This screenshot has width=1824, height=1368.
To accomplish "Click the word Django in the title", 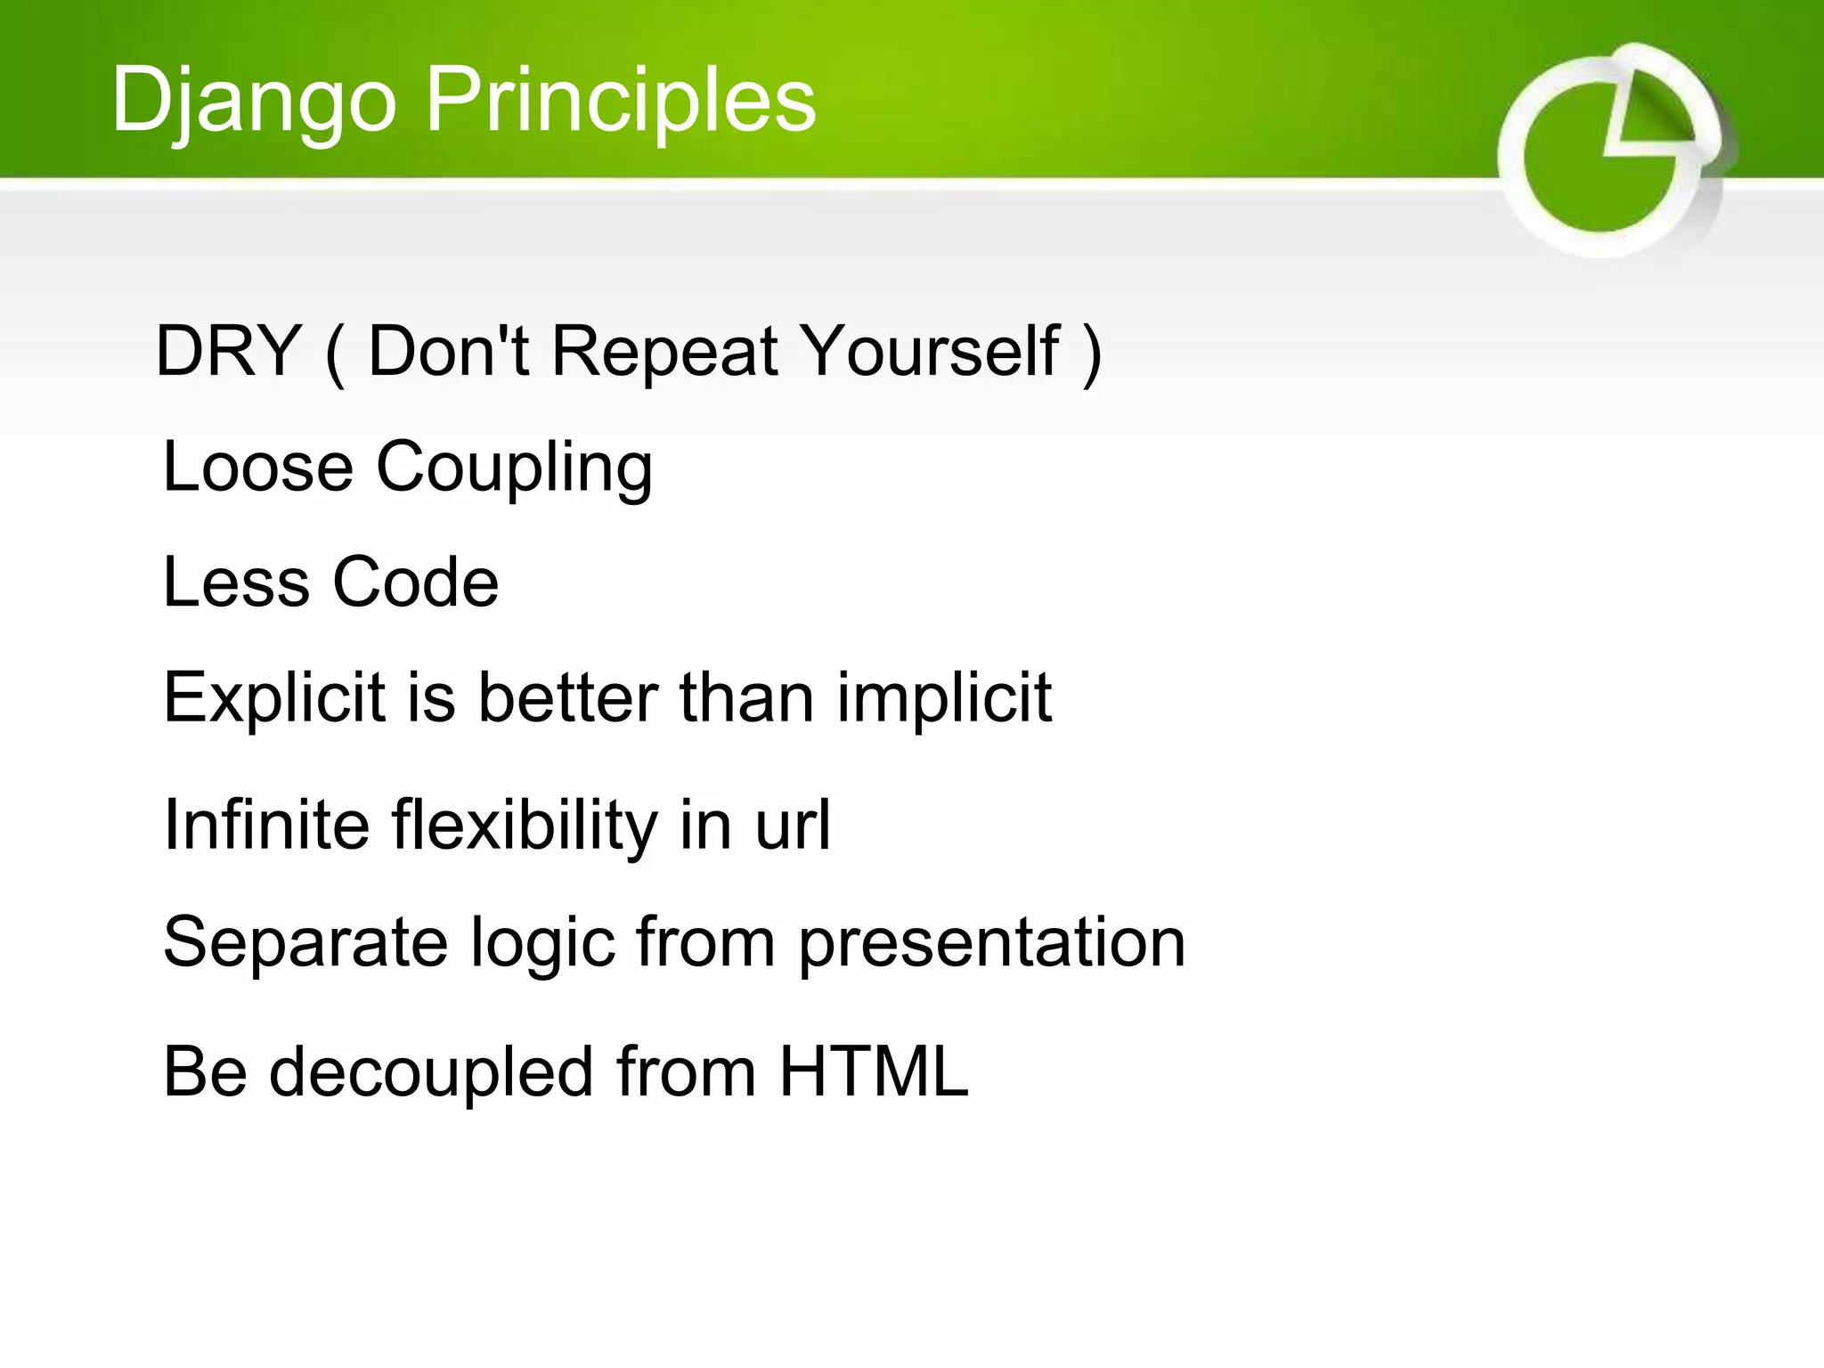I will tap(253, 101).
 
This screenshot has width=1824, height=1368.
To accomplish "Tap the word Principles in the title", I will tap(621, 101).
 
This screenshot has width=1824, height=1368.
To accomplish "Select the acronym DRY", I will tap(228, 352).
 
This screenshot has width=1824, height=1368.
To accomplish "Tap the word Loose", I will tap(258, 467).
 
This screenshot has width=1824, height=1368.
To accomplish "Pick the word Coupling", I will tap(514, 468).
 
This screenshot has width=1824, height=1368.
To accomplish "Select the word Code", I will tap(415, 582).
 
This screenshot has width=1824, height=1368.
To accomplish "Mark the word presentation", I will tap(991, 943).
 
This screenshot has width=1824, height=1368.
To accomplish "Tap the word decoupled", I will tap(431, 1072).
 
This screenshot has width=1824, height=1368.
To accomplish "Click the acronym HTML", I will tap(874, 1071).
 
